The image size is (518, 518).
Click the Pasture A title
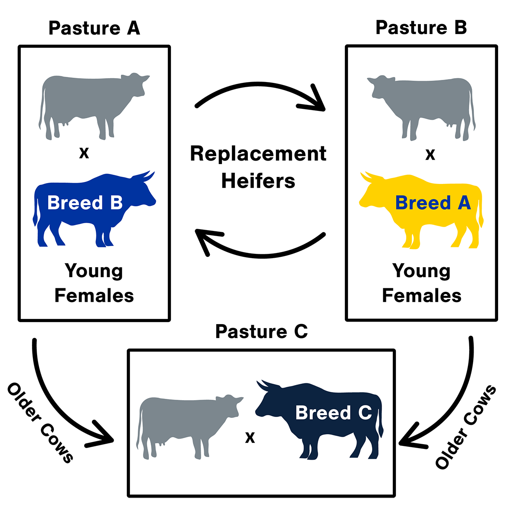[94, 28]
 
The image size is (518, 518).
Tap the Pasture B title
[421, 28]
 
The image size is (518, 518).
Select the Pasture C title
[261, 332]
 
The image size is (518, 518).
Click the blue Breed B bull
[86, 212]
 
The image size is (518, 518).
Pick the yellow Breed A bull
[427, 212]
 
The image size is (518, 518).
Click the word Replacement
[258, 154]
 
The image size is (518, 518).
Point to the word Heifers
[258, 181]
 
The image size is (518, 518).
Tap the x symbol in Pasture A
[84, 152]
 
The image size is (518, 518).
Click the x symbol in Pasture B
[430, 155]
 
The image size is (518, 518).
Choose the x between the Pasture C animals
[250, 438]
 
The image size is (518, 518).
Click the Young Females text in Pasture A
[94, 283]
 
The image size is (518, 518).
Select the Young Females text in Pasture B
[422, 283]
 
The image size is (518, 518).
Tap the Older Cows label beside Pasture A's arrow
[40, 422]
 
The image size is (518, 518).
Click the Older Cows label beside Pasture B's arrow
[465, 427]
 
